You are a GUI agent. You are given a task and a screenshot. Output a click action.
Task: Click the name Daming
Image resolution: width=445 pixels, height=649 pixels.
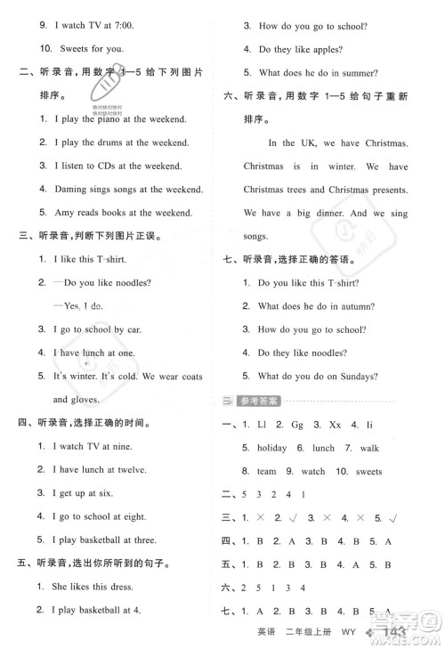(x=70, y=189)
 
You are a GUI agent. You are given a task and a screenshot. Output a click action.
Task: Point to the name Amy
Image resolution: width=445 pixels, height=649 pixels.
(x=64, y=212)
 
